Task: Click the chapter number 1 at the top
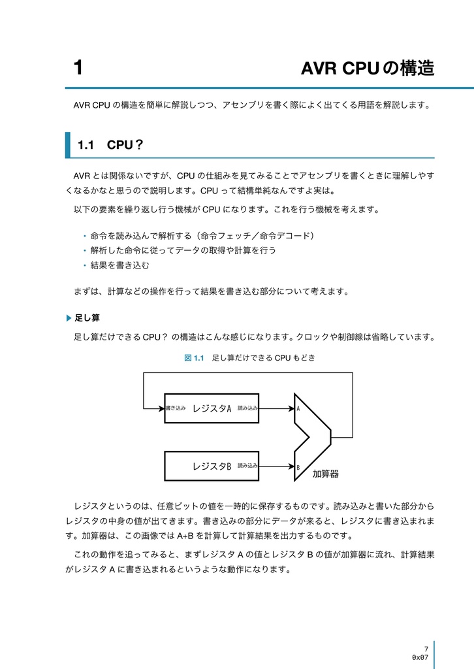click(x=78, y=68)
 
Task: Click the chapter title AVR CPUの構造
click(x=368, y=68)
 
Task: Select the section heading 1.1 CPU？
click(x=110, y=145)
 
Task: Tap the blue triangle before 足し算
click(x=70, y=318)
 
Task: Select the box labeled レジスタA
click(x=212, y=408)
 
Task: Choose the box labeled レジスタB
click(x=212, y=466)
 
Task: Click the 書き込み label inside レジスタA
click(x=175, y=408)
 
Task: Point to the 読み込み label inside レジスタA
click(x=247, y=408)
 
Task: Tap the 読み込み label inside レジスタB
click(x=247, y=466)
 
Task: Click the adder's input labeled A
click(x=298, y=408)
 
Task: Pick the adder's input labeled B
click(x=298, y=467)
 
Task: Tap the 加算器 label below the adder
click(x=325, y=474)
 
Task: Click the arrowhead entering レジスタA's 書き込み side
click(x=161, y=409)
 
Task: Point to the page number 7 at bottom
click(x=426, y=649)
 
